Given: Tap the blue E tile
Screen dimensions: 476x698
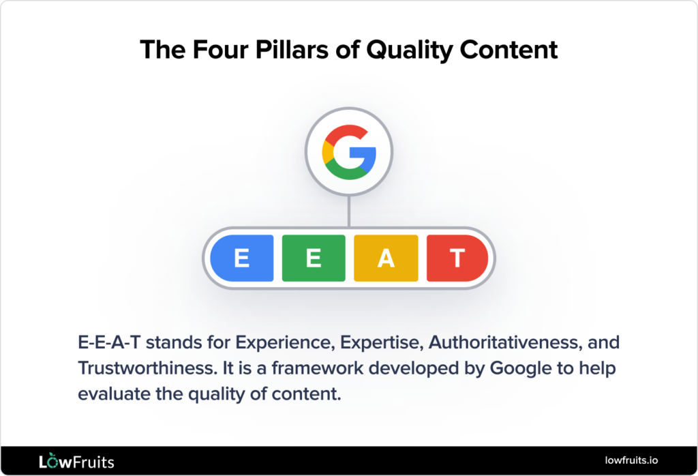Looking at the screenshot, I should coord(241,258).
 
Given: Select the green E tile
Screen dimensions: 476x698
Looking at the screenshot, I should coord(313,258).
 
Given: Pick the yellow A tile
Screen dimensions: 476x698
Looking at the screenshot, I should coord(386,258).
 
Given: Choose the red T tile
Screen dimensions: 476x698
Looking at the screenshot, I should coord(457,258).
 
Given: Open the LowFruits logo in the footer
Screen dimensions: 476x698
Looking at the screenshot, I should coord(76,462).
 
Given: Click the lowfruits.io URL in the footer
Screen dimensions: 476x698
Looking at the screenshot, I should coord(631,462).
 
